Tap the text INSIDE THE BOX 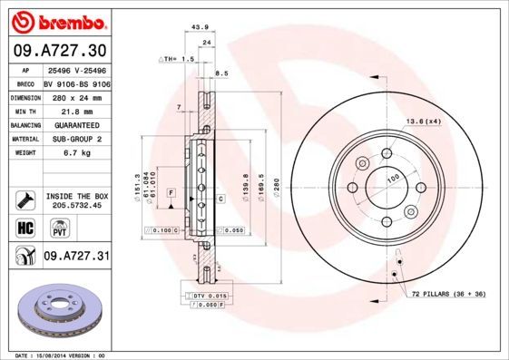pyautogui.click(x=76, y=196)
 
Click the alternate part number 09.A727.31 pyautogui.click(x=76, y=257)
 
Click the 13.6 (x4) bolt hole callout pyautogui.click(x=424, y=120)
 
